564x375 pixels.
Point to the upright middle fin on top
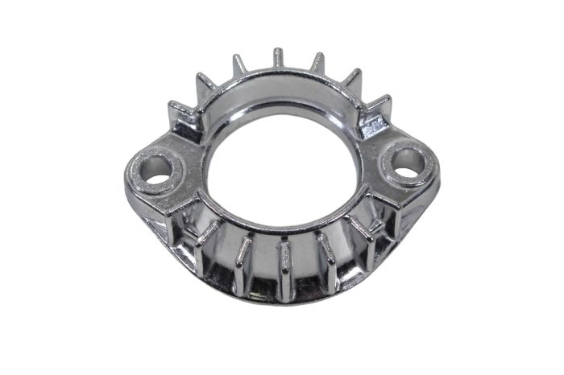pos(278,59)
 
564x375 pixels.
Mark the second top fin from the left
pos(202,83)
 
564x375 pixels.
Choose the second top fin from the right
pos(352,80)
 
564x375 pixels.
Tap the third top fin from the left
pos(238,64)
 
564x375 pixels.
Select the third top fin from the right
pos(317,63)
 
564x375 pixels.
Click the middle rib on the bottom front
pos(284,270)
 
